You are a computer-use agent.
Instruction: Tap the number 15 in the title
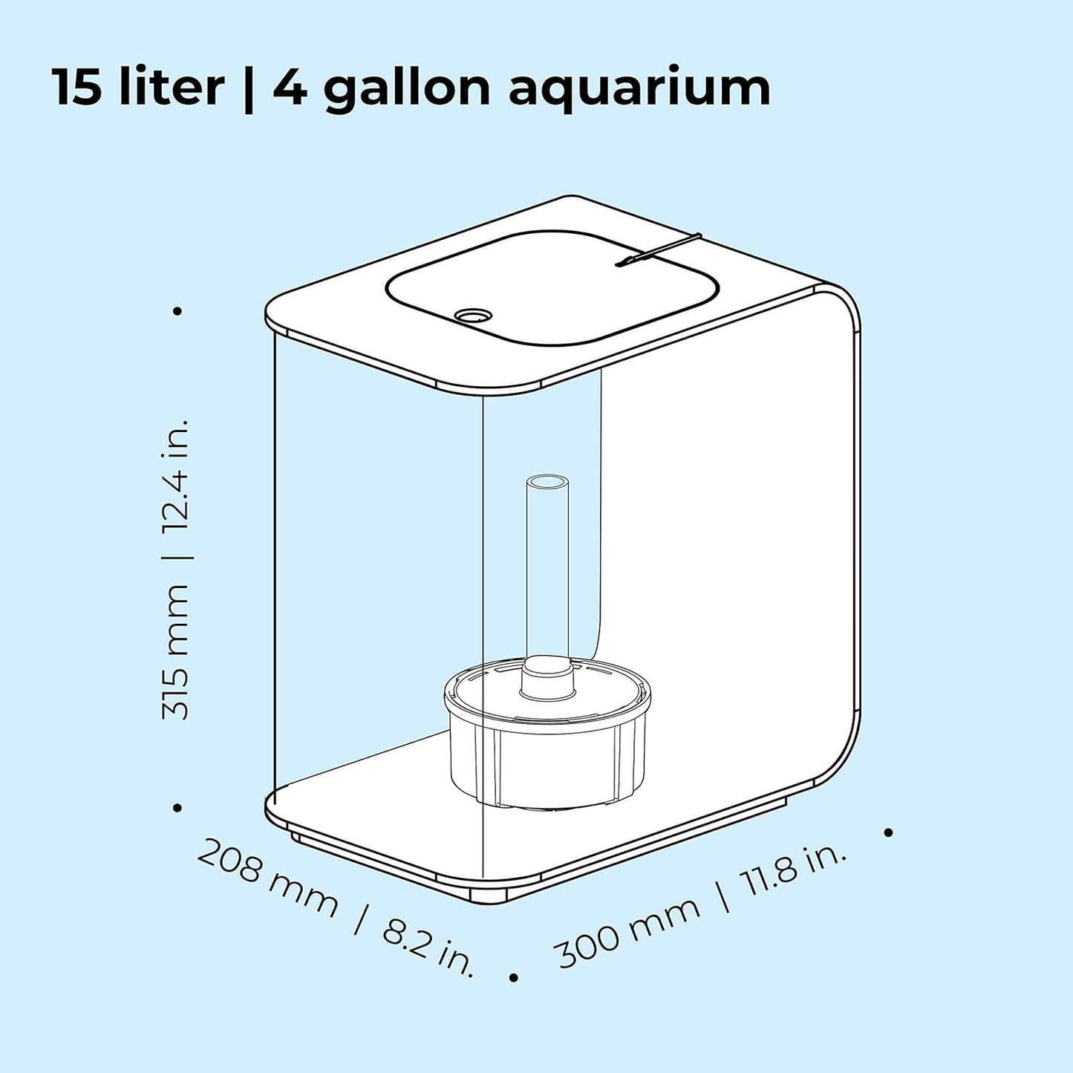[x=76, y=88]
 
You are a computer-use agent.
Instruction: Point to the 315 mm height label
[x=176, y=651]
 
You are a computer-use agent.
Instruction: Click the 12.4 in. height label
[x=176, y=475]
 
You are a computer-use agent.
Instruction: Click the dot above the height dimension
[x=177, y=311]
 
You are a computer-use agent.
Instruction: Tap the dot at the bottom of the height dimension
[x=177, y=807]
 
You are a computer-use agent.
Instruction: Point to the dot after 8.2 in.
[x=513, y=978]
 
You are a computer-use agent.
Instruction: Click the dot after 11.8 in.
[x=888, y=832]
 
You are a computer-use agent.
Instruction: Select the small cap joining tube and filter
[x=547, y=677]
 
